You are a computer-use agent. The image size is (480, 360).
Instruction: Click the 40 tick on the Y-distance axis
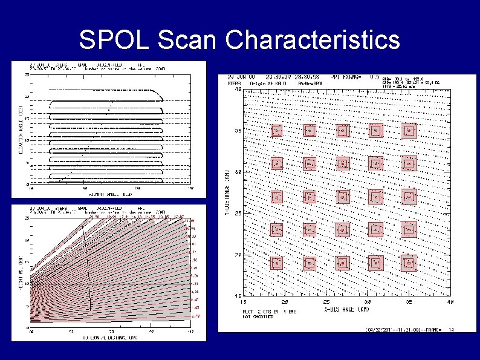pyautogui.click(x=238, y=89)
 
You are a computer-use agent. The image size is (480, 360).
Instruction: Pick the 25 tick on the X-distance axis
pyautogui.click(x=325, y=300)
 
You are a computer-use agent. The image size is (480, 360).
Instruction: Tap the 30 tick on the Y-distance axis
pyautogui.click(x=238, y=172)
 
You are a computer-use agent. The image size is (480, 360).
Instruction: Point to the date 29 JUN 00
pyautogui.click(x=239, y=77)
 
